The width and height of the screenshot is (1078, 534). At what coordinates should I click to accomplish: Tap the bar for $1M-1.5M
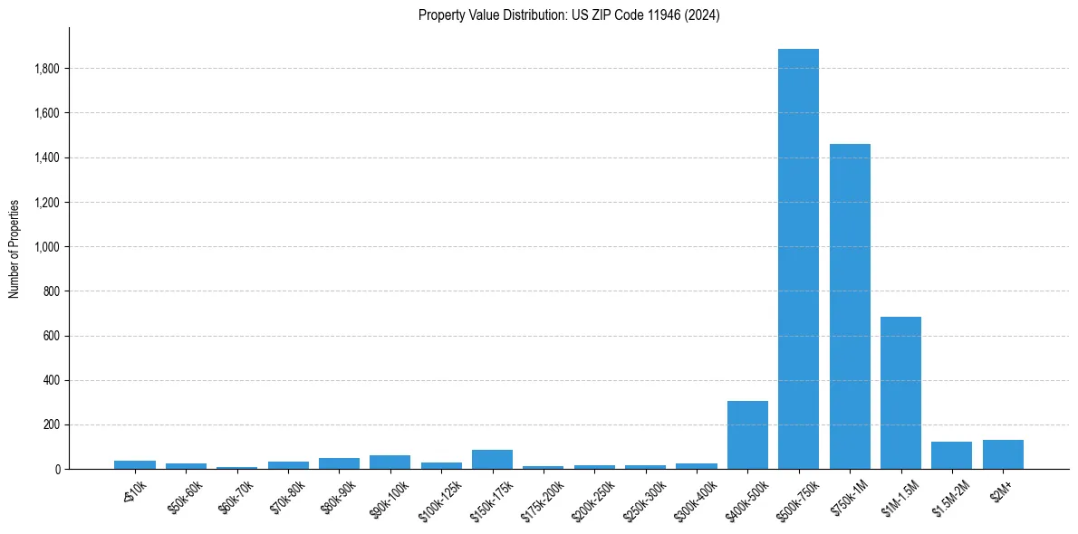900,393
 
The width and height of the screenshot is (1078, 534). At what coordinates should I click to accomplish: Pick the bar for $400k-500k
747,435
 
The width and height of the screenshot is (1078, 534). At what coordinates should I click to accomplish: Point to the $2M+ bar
1003,454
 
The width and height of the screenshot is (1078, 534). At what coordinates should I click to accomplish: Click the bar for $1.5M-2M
951,455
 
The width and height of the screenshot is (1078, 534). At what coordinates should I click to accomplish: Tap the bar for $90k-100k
390,462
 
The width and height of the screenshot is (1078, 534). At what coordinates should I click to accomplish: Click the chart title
569,15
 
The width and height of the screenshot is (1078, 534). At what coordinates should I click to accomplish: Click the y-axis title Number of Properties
14,248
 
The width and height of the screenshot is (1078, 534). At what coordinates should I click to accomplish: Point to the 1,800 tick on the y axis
47,69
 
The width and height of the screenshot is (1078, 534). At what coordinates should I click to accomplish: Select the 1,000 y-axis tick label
47,247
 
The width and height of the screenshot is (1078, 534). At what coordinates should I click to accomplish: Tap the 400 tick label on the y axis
52,380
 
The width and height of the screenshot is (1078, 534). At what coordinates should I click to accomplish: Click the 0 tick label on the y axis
57,470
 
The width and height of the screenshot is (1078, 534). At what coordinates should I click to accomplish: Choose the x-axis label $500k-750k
798,496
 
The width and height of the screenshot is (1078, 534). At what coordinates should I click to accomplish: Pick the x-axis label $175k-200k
543,497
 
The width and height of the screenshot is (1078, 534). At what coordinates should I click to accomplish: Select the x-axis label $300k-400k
696,497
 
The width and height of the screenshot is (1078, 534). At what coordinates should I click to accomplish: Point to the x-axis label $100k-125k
440,497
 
